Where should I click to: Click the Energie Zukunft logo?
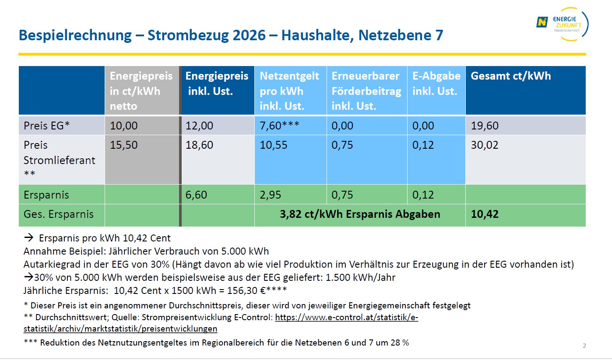pyautogui.click(x=562, y=24)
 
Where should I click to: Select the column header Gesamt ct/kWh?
pyautogui.click(x=510, y=76)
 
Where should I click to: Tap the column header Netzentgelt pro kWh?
pyautogui.click(x=289, y=91)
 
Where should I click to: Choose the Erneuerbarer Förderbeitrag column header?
pyautogui.click(x=366, y=91)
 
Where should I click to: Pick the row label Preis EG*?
pyautogui.click(x=46, y=126)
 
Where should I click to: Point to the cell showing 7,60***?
pyautogui.click(x=279, y=126)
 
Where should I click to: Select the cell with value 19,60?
pyautogui.click(x=484, y=126)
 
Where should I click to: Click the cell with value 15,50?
pyautogui.click(x=123, y=145)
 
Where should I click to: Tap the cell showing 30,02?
pyautogui.click(x=484, y=145)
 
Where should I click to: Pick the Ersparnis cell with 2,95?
pyautogui.click(x=270, y=195)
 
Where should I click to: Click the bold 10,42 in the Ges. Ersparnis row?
pyautogui.click(x=484, y=214)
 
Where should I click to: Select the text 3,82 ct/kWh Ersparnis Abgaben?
pyautogui.click(x=360, y=214)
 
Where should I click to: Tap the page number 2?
pyautogui.click(x=584, y=346)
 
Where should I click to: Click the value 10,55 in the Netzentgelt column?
pyautogui.click(x=273, y=145)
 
